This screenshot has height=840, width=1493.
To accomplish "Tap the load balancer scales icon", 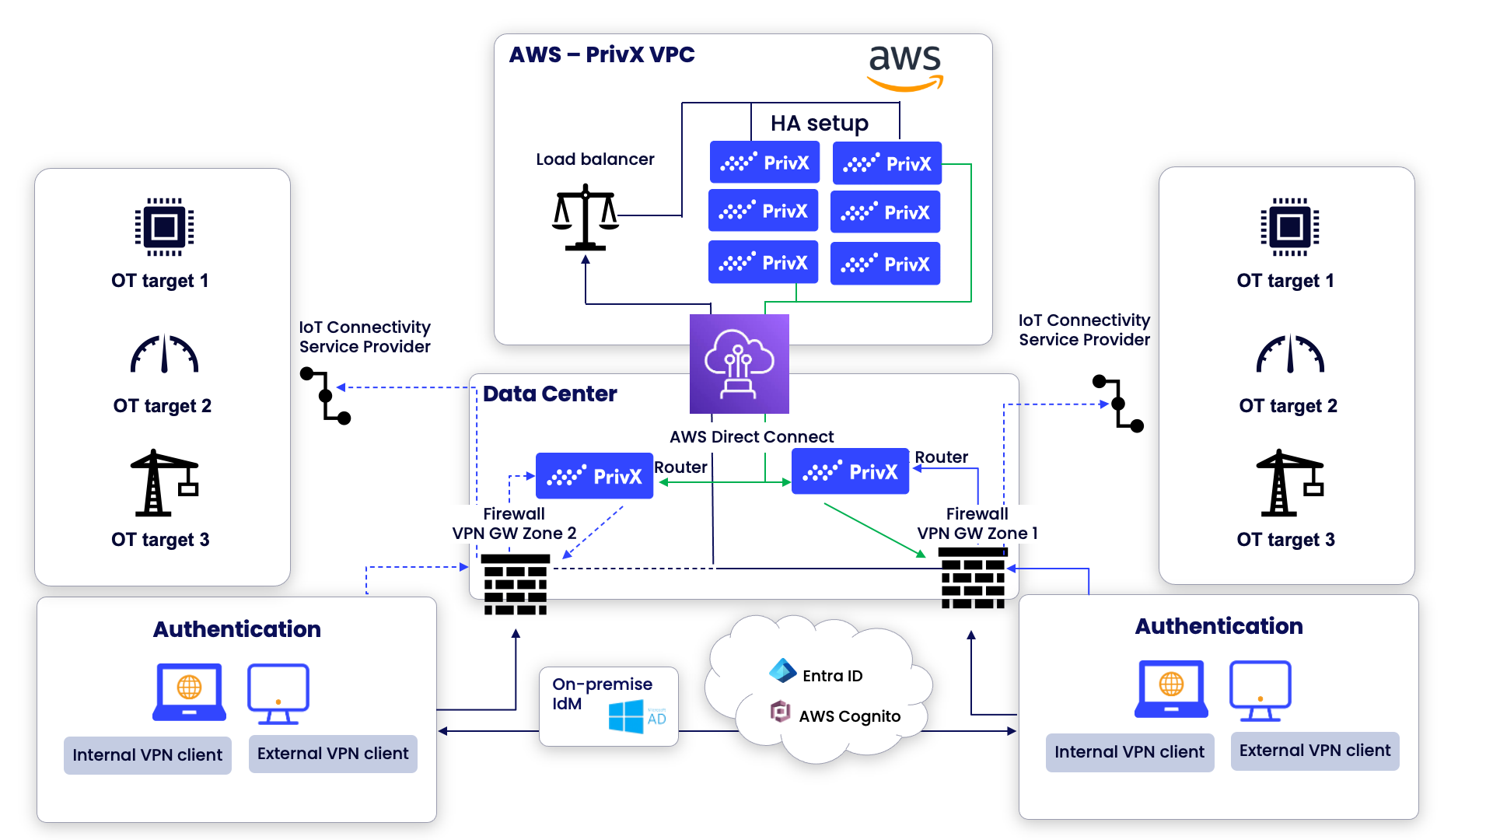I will point(586,217).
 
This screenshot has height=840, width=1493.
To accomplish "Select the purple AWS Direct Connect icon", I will point(739,363).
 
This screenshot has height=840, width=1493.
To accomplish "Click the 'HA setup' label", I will point(819,123).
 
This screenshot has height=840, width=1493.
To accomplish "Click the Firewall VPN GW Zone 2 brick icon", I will point(515,584).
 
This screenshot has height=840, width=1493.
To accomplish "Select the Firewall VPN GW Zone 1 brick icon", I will point(973,578).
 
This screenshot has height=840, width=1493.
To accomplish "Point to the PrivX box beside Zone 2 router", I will point(594,476).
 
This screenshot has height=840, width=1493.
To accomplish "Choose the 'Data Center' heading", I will point(550,394).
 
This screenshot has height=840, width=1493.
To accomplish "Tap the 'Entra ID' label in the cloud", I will point(832,676).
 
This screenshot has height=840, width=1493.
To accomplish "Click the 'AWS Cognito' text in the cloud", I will point(849,716).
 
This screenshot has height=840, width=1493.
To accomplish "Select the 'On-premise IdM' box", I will point(608,706).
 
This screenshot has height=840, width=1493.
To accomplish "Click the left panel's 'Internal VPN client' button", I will point(147,754).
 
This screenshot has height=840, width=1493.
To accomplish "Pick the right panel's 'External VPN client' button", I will point(1314,751).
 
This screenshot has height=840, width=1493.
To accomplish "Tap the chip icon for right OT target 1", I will point(1289,226).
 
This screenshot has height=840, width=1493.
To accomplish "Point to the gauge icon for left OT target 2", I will point(164,354).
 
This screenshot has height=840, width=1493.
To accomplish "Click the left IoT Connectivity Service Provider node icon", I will point(325,395).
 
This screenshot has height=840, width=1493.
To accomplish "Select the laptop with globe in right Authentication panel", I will point(1171,689).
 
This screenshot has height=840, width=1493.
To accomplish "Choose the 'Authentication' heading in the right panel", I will point(1218,626).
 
